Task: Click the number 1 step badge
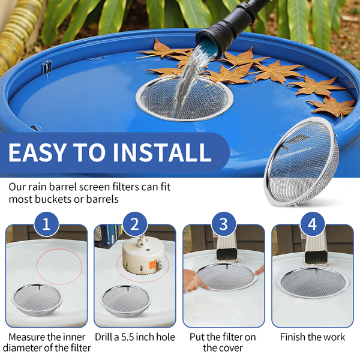pos(47,224)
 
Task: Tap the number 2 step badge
pos(135,224)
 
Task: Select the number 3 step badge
pos(224,224)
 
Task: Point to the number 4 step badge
pos(312,224)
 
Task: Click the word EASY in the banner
pos(37,152)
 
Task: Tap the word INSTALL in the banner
pos(161,152)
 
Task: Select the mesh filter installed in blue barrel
pos(184,98)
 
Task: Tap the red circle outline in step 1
pos(37,266)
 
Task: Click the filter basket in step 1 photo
pos(37,299)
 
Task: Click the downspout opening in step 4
pos(316,257)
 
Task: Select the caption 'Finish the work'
pos(312,337)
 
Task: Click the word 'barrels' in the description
pos(103,199)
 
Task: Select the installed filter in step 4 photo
pos(312,283)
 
